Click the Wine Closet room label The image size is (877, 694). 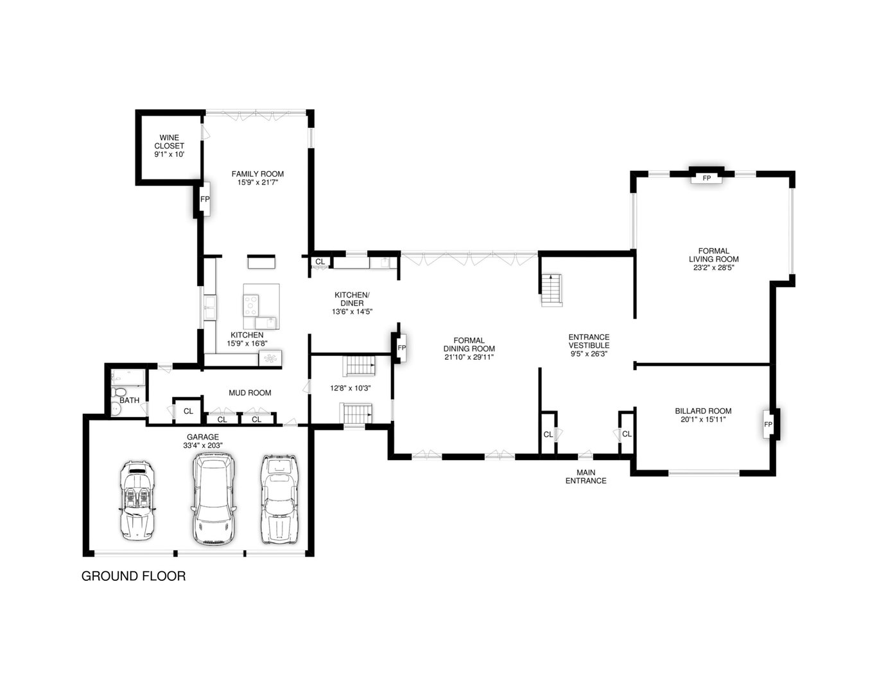(169, 141)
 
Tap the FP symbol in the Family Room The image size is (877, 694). (205, 199)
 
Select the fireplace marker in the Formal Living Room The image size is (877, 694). (706, 177)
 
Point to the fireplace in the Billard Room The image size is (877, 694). (768, 425)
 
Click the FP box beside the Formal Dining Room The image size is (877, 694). (401, 348)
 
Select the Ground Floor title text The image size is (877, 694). (134, 576)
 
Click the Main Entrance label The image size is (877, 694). (586, 476)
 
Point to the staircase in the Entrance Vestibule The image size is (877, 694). (551, 290)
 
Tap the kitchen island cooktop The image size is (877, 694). (251, 302)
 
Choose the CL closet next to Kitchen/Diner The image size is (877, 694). (320, 262)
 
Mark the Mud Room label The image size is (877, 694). (250, 393)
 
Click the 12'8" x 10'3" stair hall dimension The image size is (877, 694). (351, 388)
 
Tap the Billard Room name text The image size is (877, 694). (703, 411)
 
